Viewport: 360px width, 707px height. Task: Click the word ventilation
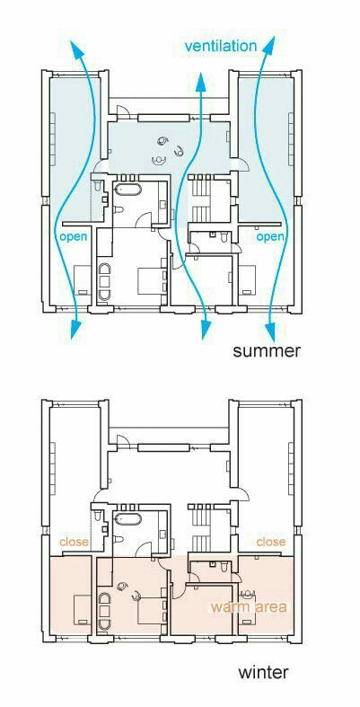pyautogui.click(x=220, y=46)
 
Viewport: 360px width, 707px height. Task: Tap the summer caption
pyautogui.click(x=266, y=350)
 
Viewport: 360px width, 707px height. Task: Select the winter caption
pyautogui.click(x=263, y=672)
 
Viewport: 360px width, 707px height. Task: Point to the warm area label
pyautogui.click(x=249, y=606)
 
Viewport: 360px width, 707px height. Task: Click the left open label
pyautogui.click(x=73, y=237)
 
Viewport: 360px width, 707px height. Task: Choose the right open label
pyautogui.click(x=270, y=237)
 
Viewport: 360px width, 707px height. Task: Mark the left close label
pyautogui.click(x=74, y=542)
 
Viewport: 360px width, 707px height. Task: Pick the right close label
pyautogui.click(x=271, y=542)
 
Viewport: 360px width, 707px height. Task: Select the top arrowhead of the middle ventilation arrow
pyautogui.click(x=201, y=84)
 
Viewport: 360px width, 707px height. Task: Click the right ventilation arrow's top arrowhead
pyautogui.click(x=271, y=46)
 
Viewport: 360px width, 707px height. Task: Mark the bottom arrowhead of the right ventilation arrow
pyautogui.click(x=270, y=331)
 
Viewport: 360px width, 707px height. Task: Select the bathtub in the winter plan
pyautogui.click(x=127, y=518)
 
